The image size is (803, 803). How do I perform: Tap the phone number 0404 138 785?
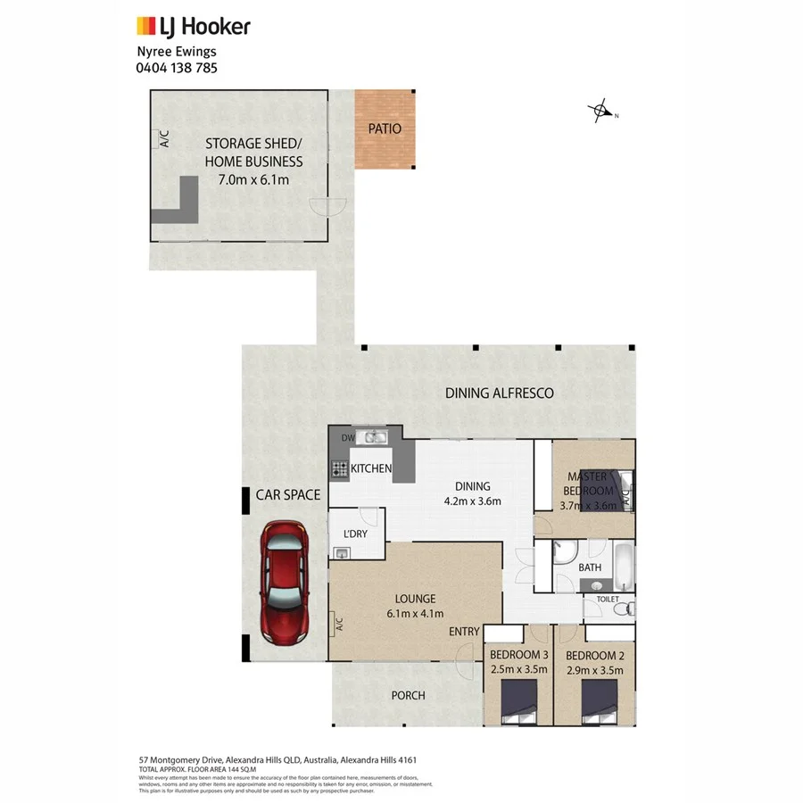coord(176,67)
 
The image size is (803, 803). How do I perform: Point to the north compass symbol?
coord(601,112)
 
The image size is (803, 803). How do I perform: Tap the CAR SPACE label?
coord(287,494)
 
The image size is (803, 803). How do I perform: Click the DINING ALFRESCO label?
coord(500,393)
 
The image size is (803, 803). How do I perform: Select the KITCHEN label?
coord(371,468)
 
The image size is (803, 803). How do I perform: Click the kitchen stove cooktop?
coord(340,468)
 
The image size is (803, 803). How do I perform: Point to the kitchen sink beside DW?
coord(372,436)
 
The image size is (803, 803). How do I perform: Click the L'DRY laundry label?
coord(356,534)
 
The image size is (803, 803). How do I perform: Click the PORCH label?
coord(408,695)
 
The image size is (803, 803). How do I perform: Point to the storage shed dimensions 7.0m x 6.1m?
coord(253,180)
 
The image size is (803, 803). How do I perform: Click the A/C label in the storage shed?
coord(164,139)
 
